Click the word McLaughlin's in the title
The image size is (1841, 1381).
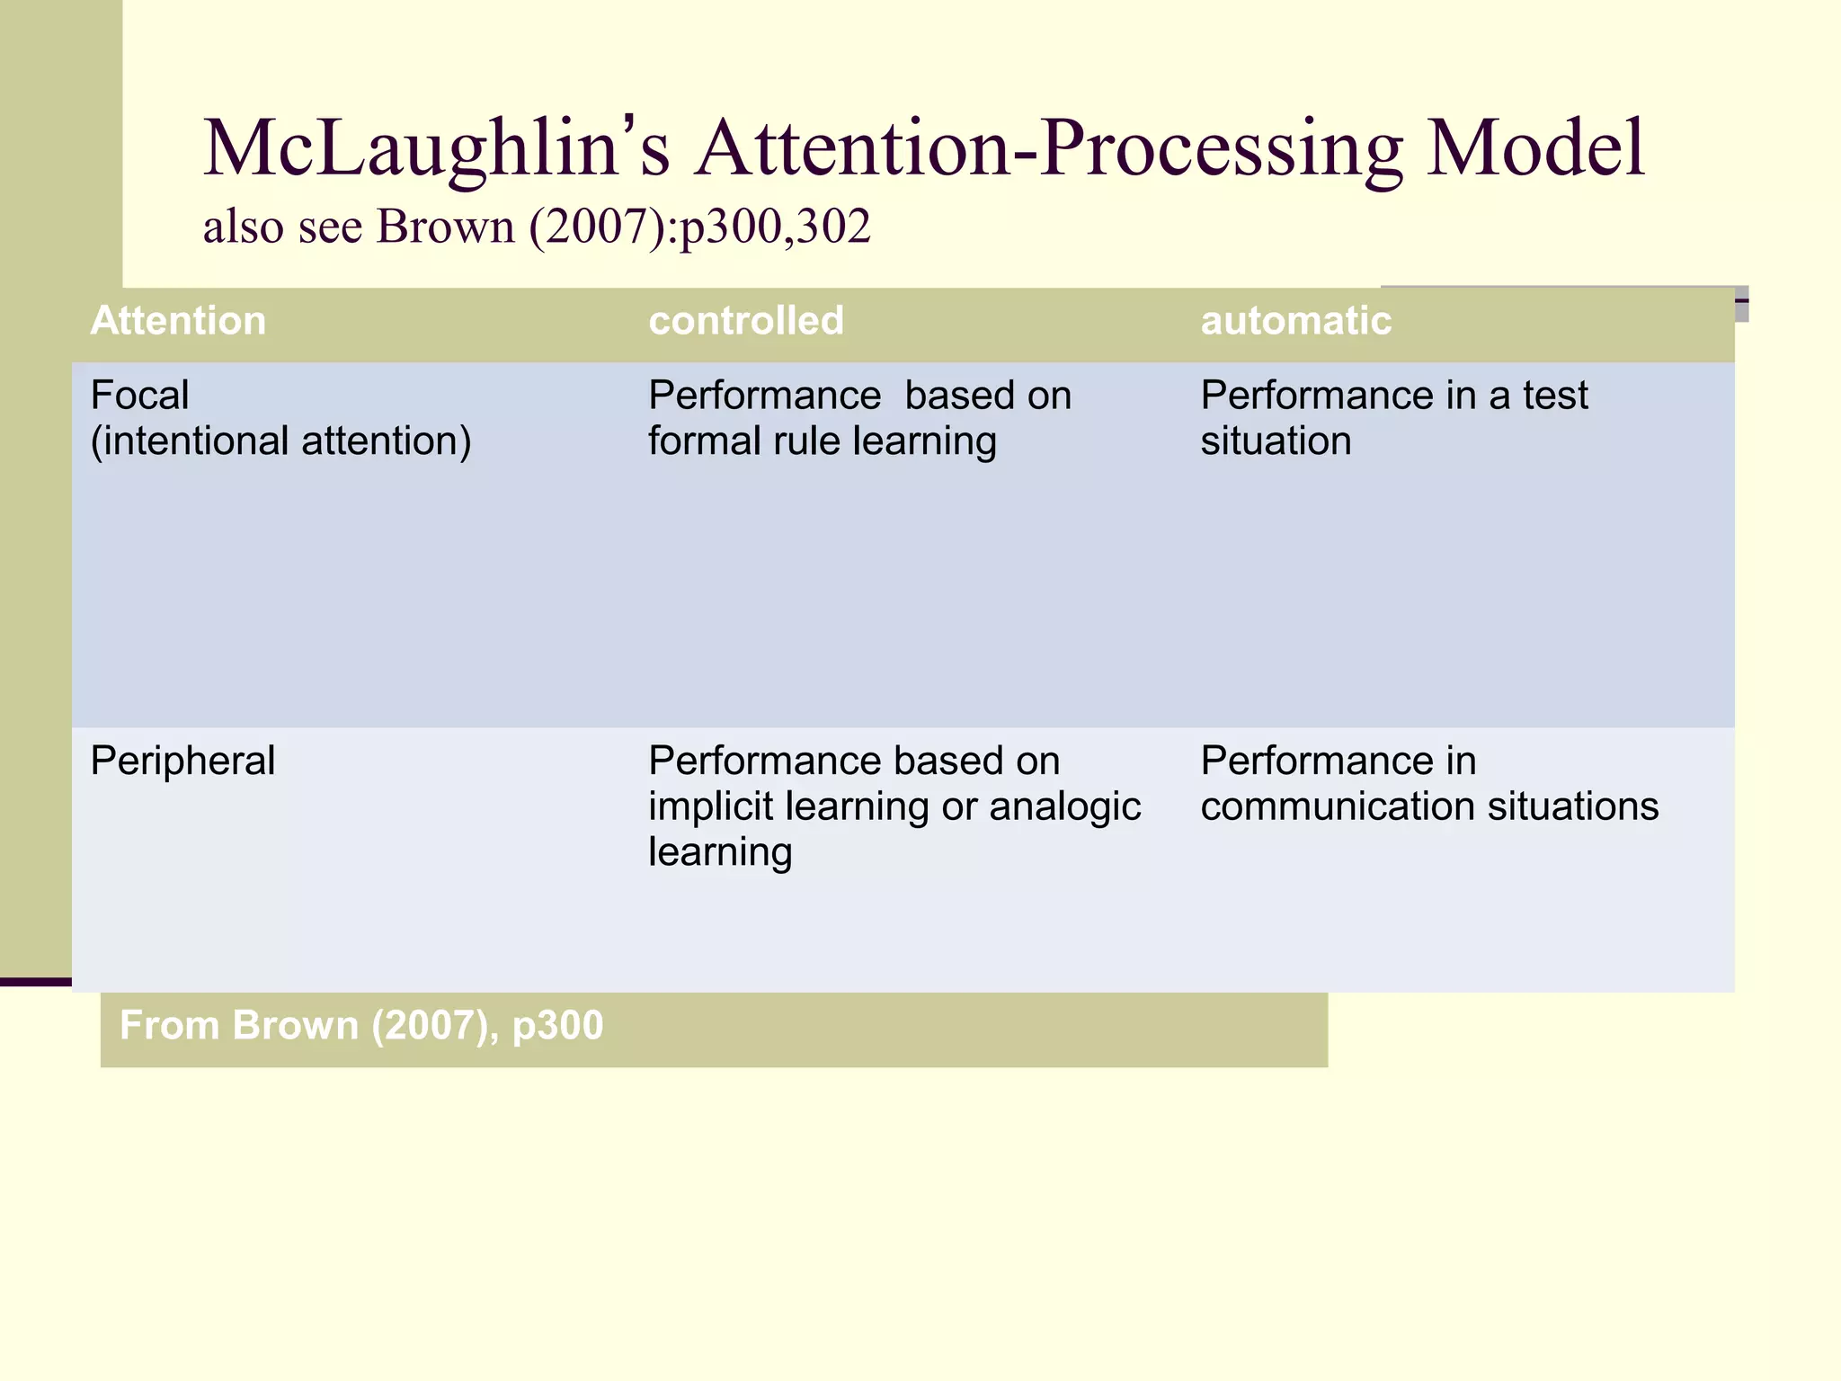437,148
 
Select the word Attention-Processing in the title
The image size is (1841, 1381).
1048,148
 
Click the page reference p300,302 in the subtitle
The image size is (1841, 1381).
774,227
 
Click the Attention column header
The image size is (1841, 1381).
178,321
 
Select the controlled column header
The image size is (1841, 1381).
746,321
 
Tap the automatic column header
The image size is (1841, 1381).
1295,321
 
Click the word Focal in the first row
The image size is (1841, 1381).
139,396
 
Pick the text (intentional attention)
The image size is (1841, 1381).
280,441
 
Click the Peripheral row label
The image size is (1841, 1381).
182,762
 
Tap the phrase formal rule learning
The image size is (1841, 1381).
822,441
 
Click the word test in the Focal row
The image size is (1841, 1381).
1554,396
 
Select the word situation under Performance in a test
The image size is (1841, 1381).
1276,441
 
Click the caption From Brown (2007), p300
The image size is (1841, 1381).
361,1026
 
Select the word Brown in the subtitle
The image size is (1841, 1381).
445,227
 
